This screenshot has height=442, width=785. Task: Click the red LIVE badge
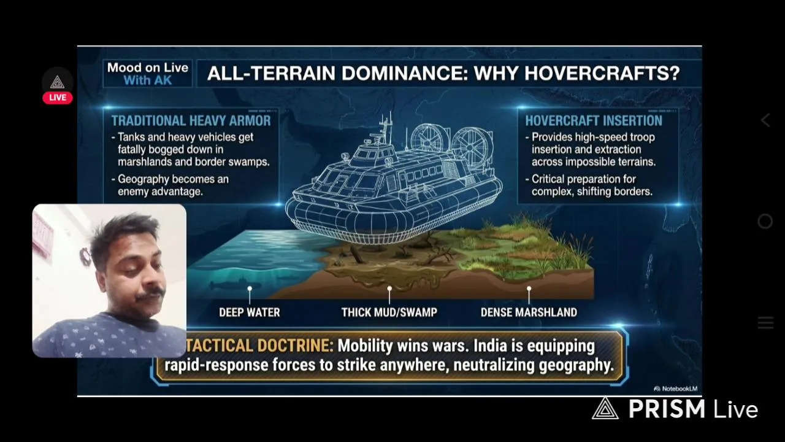pyautogui.click(x=58, y=98)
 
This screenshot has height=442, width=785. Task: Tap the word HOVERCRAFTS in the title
pyautogui.click(x=602, y=73)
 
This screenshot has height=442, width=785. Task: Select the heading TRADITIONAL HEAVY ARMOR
pyautogui.click(x=191, y=121)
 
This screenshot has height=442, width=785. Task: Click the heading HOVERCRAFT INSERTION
pyautogui.click(x=594, y=121)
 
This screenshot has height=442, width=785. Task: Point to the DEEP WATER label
pyautogui.click(x=250, y=312)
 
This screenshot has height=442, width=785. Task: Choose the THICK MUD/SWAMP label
pyautogui.click(x=389, y=312)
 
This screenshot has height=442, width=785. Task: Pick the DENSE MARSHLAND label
pyautogui.click(x=529, y=312)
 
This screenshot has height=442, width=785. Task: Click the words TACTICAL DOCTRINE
pyautogui.click(x=259, y=346)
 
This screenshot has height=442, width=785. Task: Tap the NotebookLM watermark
pyautogui.click(x=676, y=389)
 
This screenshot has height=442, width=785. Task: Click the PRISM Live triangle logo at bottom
pyautogui.click(x=605, y=408)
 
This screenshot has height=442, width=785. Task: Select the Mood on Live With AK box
pyautogui.click(x=148, y=74)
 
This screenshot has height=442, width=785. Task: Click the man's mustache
pyautogui.click(x=151, y=294)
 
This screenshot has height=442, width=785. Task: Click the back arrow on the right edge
pyautogui.click(x=765, y=120)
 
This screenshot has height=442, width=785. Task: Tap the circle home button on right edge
pyautogui.click(x=765, y=222)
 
